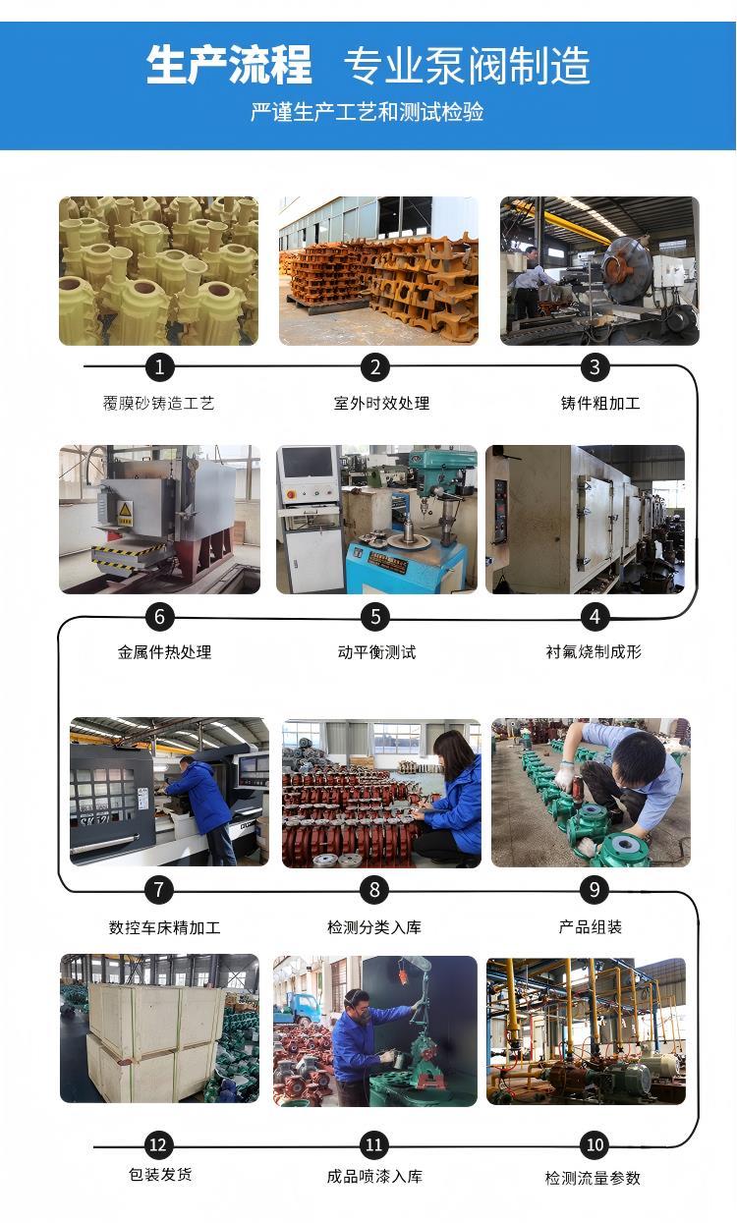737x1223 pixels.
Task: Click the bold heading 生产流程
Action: pos(229,65)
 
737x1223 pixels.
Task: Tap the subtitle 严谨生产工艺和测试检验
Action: pos(368,112)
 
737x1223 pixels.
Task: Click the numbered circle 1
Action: pos(159,366)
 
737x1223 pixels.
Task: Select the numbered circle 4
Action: pos(595,617)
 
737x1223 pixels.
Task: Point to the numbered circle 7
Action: pos(158,890)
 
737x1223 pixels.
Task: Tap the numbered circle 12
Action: pos(158,1145)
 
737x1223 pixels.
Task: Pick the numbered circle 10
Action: pos(595,1144)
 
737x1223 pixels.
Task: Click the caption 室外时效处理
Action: pos(382,404)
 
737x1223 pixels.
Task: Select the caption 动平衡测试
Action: pos(377,652)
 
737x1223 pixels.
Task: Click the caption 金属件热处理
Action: pos(164,652)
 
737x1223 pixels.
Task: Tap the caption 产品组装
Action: pos(590,926)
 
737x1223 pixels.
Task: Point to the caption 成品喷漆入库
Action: pos(374,1177)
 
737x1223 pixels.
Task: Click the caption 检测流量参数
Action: pos(593,1178)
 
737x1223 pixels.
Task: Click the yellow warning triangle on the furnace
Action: pos(125,510)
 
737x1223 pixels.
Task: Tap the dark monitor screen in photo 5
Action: pos(308,463)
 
